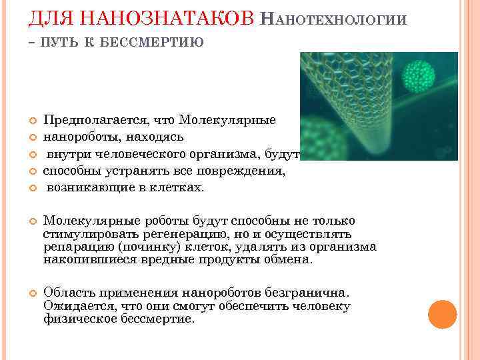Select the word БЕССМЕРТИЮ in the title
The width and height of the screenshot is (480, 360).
click(157, 43)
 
